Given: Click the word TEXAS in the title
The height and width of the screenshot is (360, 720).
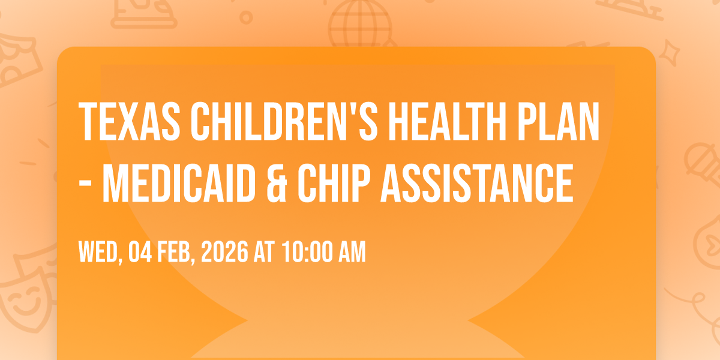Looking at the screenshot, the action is click(x=129, y=121).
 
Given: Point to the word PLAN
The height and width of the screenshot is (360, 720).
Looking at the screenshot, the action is click(x=559, y=121).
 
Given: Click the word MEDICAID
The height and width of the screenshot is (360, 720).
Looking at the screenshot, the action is click(x=179, y=183).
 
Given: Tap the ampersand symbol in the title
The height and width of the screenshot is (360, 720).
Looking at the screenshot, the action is click(x=277, y=183).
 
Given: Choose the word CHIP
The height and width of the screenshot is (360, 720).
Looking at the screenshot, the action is click(x=334, y=183).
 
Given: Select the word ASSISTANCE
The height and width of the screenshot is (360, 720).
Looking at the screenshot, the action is click(x=477, y=183).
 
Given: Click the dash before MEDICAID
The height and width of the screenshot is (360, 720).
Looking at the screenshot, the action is click(x=85, y=185).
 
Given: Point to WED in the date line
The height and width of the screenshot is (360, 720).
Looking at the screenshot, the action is click(x=98, y=252).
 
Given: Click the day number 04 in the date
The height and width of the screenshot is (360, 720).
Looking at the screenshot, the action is click(x=140, y=252).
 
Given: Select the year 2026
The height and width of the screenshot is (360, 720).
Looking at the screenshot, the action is click(x=224, y=252).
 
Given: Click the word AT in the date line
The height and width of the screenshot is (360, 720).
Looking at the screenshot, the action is click(x=265, y=252).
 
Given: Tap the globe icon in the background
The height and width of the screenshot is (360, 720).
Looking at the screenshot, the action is click(x=360, y=24).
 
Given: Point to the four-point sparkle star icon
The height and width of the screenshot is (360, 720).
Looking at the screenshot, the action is click(x=669, y=53).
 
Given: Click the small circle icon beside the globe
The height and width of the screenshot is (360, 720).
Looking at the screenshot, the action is click(x=246, y=17).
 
